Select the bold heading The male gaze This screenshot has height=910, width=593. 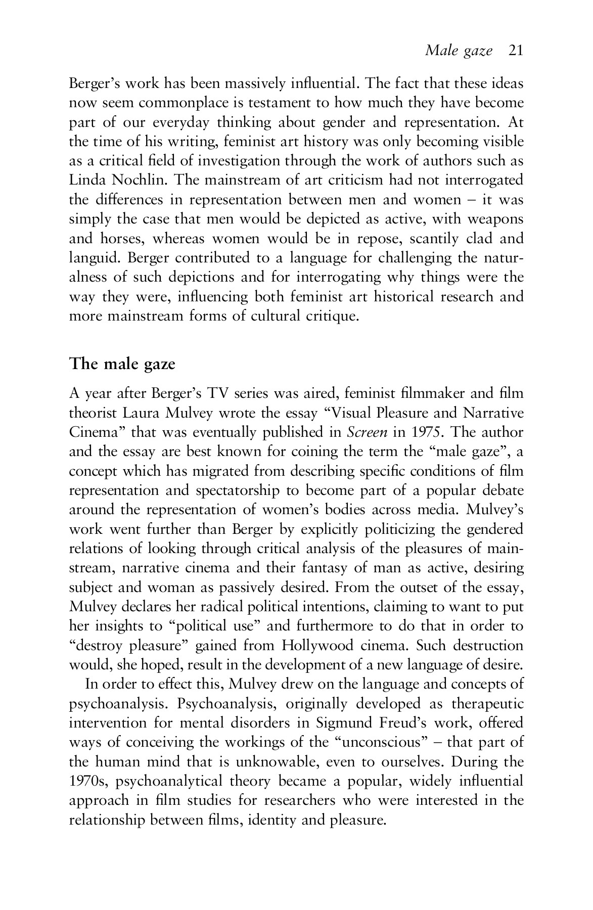122,364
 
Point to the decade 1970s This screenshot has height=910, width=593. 88,782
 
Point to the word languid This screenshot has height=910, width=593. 94,258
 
